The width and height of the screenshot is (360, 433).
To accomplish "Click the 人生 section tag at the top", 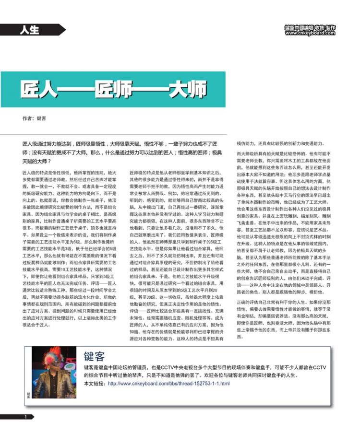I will [x=30, y=30].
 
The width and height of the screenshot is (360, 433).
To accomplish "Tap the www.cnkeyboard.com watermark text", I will [x=310, y=34].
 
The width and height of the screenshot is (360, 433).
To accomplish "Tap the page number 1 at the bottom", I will [x=26, y=417].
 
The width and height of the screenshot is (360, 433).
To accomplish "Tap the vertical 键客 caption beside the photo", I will [x=28, y=395].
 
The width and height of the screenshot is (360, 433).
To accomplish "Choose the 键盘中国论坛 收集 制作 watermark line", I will [x=310, y=28].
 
